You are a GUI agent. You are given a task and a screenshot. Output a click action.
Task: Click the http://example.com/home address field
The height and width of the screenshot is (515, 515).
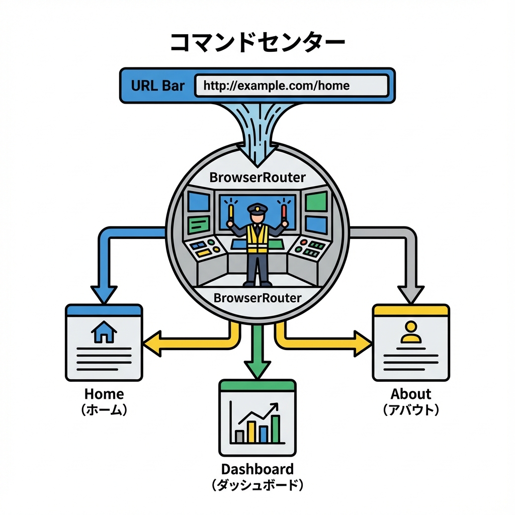291,85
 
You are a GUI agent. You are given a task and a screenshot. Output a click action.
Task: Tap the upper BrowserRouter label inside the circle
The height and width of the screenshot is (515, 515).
257,178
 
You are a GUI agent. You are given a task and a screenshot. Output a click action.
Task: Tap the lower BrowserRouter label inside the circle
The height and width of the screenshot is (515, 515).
257,297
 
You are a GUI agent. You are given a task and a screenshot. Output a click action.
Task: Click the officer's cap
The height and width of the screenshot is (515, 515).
257,208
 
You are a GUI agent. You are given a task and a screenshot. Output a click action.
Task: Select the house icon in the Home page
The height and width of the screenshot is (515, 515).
104,332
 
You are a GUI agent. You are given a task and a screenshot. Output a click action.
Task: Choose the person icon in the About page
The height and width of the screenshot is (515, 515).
411,332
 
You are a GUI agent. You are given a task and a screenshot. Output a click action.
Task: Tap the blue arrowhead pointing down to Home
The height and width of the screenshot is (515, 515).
104,294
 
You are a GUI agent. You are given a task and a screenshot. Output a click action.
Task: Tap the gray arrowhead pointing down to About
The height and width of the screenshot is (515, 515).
411,294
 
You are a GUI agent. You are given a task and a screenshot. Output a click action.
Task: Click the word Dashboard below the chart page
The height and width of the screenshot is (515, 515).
257,469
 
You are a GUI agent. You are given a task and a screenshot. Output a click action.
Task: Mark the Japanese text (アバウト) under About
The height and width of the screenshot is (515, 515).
411,410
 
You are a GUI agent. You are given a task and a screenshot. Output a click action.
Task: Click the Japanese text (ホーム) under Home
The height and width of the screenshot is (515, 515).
104,410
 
